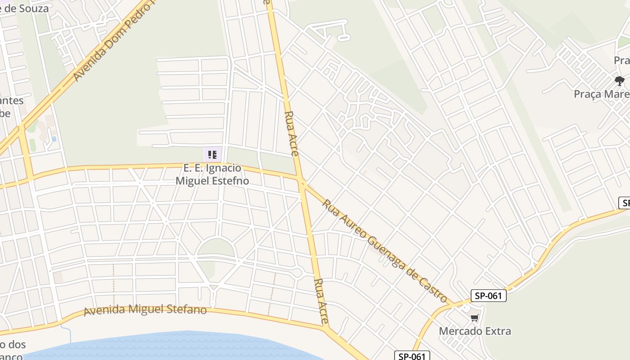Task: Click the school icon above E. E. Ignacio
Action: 212,155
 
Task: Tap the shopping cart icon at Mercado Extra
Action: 474,319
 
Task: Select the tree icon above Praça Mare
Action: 620,81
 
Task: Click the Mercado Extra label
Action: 475,331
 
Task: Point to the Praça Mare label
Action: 601,94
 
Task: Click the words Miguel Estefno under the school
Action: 212,181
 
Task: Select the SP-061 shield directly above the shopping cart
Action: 489,296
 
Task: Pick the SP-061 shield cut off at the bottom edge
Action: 412,356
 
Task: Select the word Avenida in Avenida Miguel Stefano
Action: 105,310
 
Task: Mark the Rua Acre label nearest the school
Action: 292,133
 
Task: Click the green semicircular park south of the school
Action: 216,249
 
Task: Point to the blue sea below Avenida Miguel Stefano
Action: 180,347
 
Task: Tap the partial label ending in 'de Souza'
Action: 24,8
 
